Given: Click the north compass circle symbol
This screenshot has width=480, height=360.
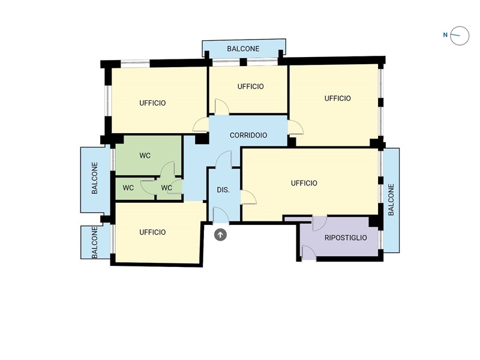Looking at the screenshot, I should [x=460, y=35].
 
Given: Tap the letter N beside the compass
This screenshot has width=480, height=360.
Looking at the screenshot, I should [x=445, y=35].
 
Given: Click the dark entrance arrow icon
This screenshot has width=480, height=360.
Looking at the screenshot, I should [x=220, y=235].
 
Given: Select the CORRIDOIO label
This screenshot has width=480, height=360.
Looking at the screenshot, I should [x=248, y=136].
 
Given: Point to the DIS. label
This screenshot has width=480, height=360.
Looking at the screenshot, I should [x=223, y=190].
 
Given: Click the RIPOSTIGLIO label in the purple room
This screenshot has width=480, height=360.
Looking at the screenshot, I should [x=346, y=238].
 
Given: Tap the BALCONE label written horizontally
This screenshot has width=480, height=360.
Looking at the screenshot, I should [x=243, y=49].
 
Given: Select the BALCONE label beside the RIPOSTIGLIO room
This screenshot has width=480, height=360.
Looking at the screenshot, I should [x=391, y=200].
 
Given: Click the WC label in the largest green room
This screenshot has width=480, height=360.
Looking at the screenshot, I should [x=145, y=155].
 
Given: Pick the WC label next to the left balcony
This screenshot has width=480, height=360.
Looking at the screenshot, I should [x=128, y=188].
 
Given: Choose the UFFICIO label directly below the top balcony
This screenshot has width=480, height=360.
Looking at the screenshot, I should [x=250, y=86].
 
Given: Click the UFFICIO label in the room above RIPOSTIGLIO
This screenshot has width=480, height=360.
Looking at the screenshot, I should [x=304, y=183].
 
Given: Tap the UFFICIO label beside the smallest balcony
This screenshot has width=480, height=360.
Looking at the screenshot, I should [x=152, y=232].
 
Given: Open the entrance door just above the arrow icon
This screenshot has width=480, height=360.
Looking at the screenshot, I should [x=220, y=215].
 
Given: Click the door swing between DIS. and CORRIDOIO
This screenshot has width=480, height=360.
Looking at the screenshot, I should [x=224, y=160].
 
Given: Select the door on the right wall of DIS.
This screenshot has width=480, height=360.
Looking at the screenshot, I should [x=248, y=198].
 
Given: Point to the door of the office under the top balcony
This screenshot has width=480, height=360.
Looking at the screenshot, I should [x=221, y=107].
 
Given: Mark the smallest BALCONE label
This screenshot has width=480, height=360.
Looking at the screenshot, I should [x=95, y=242].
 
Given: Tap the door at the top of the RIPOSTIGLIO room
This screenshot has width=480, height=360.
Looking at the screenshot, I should [x=319, y=223].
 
